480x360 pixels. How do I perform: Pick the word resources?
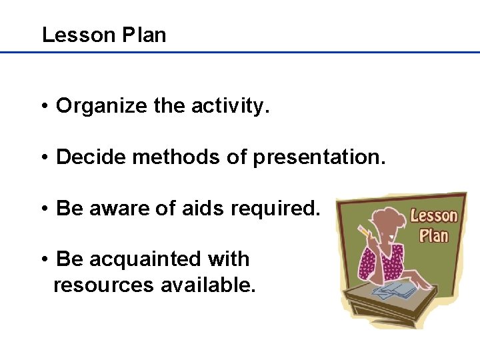103,285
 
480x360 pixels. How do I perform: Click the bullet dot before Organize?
43,106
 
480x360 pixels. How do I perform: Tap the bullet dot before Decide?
43,158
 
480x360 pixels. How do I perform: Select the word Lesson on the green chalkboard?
434,216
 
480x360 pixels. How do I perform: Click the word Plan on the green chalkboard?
434,235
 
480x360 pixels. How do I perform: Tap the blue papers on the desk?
393,289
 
